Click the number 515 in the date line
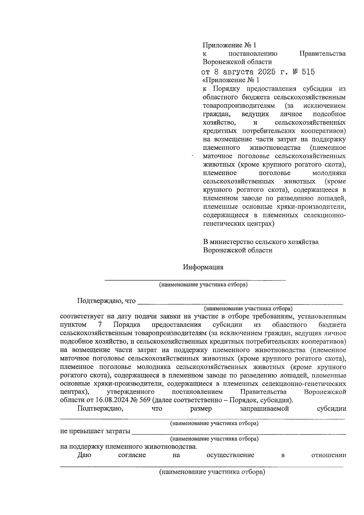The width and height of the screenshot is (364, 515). [x=308, y=72]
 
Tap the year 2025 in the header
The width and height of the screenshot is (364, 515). [x=267, y=72]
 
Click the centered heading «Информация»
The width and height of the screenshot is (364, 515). [x=203, y=267]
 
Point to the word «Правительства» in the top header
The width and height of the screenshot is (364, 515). [x=322, y=54]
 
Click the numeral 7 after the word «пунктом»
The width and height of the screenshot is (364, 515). [x=100, y=325]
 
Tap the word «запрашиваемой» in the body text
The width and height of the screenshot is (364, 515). [x=264, y=409]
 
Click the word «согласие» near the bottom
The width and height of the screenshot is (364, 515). [x=132, y=455]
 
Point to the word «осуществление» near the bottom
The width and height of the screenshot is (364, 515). [x=230, y=455]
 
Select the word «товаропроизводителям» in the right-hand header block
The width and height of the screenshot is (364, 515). [x=239, y=106]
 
